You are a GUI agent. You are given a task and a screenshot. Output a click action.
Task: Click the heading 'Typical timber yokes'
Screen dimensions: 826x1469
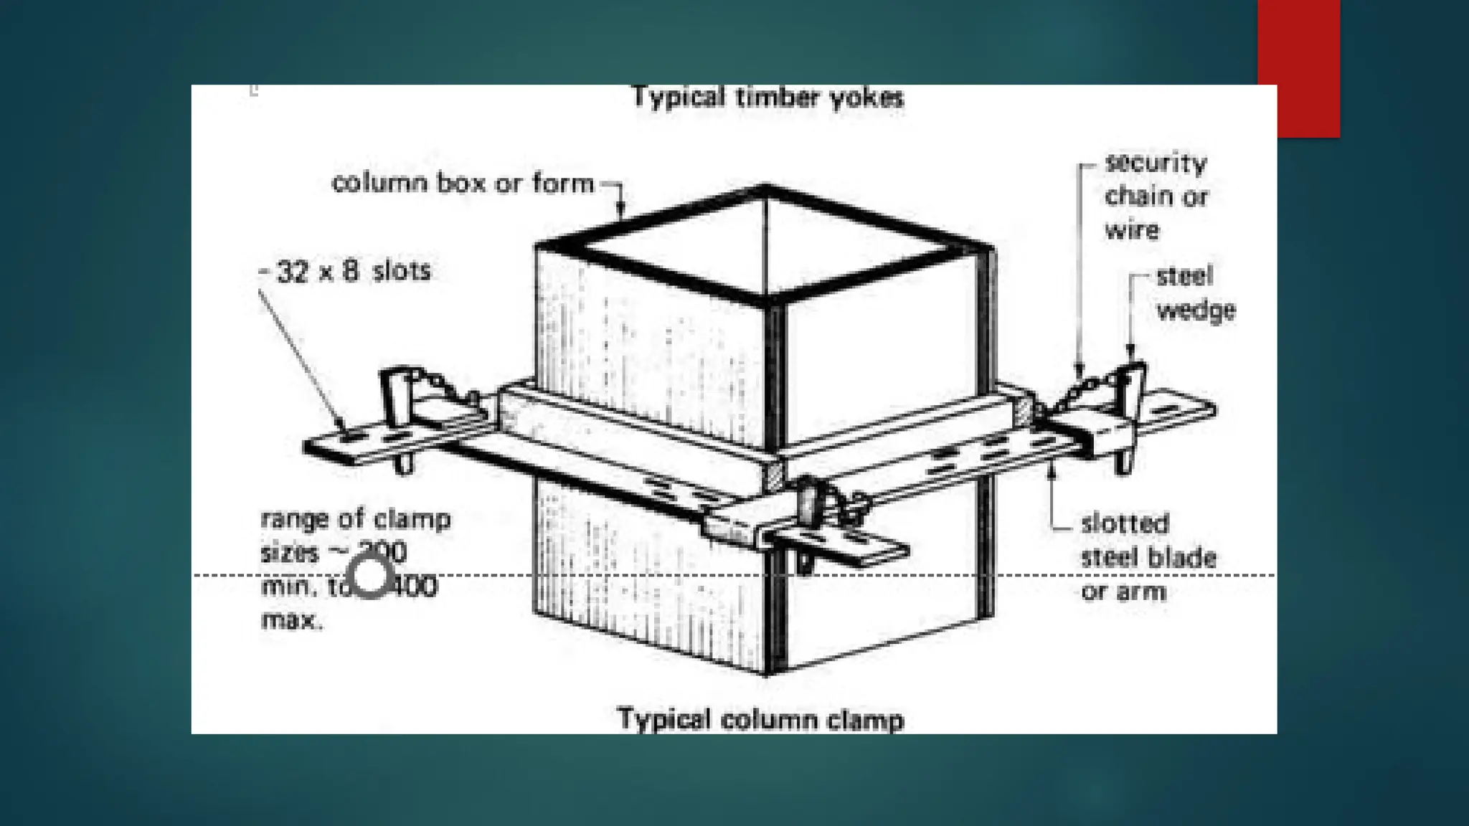767,98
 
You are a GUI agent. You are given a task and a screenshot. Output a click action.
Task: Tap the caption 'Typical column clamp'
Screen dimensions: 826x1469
760,719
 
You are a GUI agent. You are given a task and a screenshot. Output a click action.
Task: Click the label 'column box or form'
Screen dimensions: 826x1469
463,184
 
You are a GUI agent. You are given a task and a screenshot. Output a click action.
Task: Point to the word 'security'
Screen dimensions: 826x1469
1156,163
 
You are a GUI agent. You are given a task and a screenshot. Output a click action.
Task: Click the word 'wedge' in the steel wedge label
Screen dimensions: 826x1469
1196,311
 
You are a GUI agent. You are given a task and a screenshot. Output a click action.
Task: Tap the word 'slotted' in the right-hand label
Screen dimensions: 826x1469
1125,523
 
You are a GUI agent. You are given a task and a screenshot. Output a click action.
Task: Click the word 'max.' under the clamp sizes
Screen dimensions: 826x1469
292,620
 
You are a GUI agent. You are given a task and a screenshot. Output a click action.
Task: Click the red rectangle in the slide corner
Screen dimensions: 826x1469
1298,68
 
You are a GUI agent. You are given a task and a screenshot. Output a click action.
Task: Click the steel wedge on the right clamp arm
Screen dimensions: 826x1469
1130,387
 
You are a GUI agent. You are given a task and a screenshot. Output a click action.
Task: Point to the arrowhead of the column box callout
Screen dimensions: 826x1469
622,213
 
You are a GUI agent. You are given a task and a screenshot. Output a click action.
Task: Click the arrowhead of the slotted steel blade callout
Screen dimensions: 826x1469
1052,467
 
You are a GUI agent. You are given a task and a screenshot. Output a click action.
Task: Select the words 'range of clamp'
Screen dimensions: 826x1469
356,519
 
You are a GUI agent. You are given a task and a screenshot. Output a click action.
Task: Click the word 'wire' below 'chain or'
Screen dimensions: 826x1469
1131,231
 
